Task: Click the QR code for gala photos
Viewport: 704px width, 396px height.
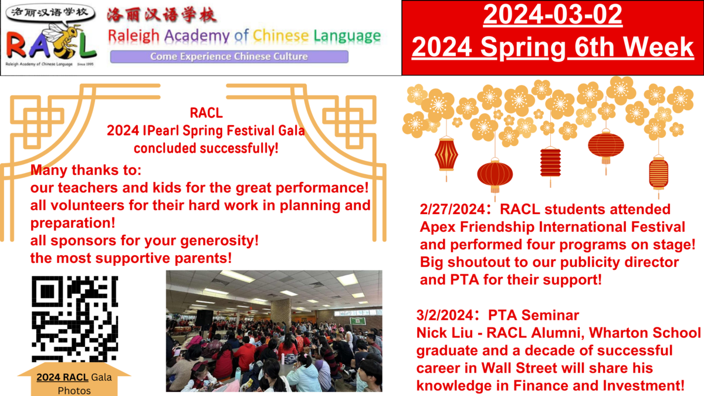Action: click(75, 319)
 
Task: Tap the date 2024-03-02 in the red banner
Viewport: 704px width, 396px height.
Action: click(553, 15)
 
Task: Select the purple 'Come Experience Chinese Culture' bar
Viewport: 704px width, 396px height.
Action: click(229, 56)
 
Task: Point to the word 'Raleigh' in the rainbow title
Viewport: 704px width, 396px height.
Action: click(134, 36)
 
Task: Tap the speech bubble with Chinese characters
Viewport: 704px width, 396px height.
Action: click(50, 14)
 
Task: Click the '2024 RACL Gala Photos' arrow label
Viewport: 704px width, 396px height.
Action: click(74, 380)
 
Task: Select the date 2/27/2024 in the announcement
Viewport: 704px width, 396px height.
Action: click(452, 209)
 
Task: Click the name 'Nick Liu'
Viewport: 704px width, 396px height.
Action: click(445, 333)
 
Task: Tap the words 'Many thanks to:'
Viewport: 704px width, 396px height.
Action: click(86, 170)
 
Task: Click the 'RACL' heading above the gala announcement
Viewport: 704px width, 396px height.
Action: click(206, 113)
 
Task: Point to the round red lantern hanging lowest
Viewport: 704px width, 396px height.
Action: click(495, 175)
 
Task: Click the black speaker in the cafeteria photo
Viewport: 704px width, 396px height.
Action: click(204, 318)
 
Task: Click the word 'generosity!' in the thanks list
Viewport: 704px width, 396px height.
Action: click(219, 241)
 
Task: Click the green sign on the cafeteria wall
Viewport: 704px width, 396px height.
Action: click(358, 321)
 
